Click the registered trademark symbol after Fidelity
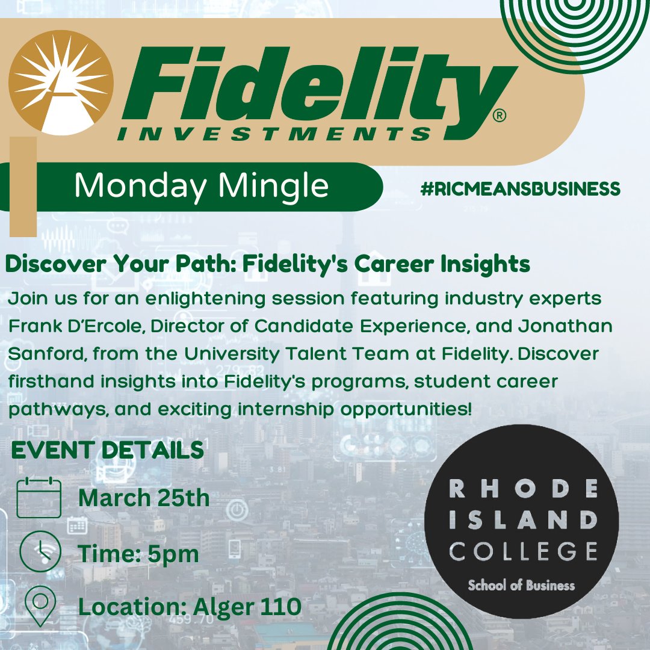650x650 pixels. (x=499, y=116)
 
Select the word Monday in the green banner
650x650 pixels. (x=142, y=186)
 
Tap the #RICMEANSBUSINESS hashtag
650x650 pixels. (x=520, y=189)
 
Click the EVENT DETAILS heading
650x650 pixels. (x=107, y=450)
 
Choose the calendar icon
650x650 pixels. (x=39, y=497)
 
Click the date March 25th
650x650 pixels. (x=144, y=498)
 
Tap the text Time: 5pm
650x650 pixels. (x=138, y=554)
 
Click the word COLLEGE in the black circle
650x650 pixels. (x=522, y=550)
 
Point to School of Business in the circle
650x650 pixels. (x=521, y=585)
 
